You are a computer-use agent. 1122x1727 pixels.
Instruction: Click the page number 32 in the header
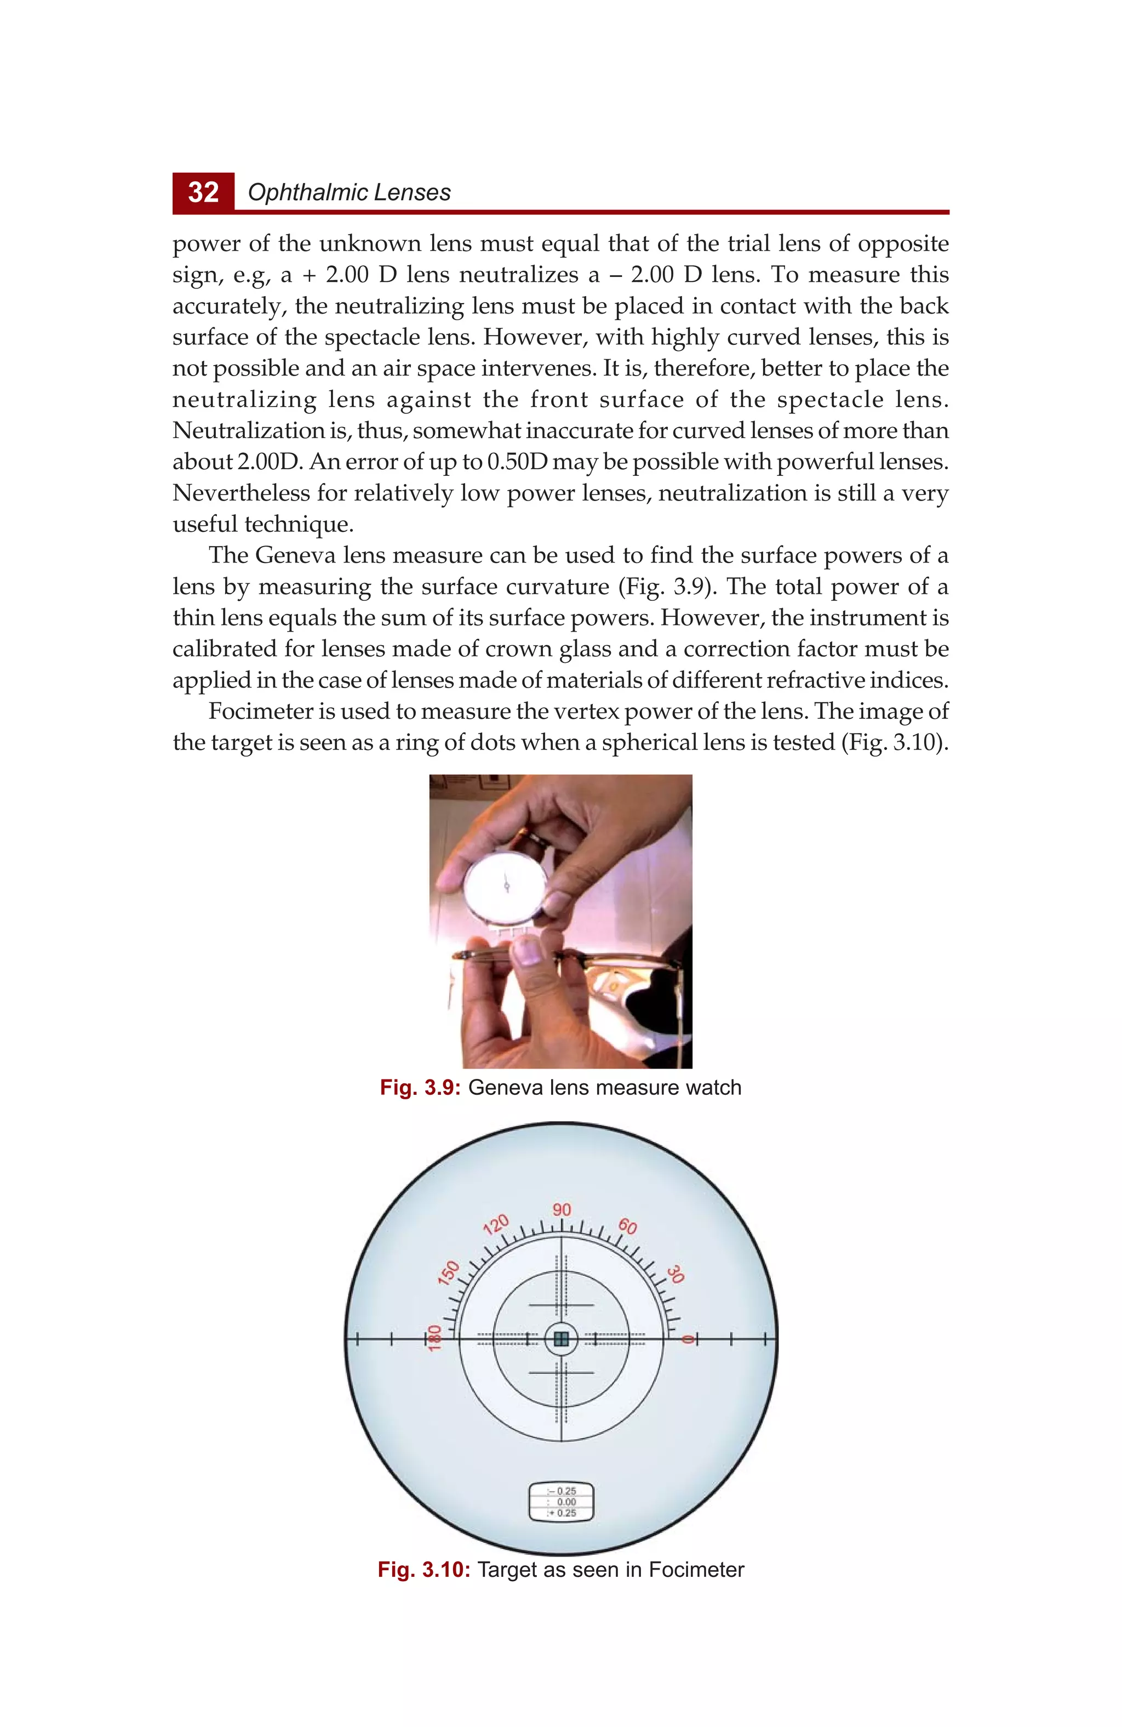coord(203,192)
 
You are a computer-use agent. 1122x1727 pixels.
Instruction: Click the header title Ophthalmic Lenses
coord(349,192)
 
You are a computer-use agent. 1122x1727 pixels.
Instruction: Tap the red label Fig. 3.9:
coord(420,1088)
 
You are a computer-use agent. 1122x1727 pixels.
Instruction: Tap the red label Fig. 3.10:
coord(423,1570)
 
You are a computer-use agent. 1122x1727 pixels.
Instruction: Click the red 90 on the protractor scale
coord(562,1209)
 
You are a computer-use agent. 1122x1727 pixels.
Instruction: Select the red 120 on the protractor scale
coord(496,1225)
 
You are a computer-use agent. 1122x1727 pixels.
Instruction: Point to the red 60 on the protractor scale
coord(627,1226)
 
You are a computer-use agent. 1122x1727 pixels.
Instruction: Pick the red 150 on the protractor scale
coord(449,1272)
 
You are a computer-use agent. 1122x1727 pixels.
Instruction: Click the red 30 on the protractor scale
coord(676,1274)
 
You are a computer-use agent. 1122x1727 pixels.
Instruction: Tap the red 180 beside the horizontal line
coord(434,1337)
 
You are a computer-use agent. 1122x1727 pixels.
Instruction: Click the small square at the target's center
coord(560,1339)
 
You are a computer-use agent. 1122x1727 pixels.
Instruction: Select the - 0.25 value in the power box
coord(562,1491)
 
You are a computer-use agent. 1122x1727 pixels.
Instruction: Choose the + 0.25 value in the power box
coord(562,1513)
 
